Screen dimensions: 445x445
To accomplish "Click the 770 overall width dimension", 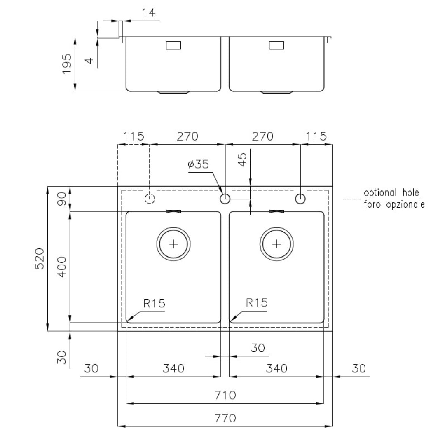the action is [x=225, y=418].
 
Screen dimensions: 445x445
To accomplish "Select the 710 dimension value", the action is [x=225, y=395].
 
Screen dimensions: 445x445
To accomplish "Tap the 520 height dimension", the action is [x=40, y=258].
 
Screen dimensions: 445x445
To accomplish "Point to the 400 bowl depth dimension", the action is [x=62, y=267].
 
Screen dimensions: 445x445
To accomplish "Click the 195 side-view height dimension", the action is [x=67, y=64].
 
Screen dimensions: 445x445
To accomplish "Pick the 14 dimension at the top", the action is [x=149, y=13].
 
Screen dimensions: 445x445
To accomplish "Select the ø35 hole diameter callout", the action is [x=198, y=164].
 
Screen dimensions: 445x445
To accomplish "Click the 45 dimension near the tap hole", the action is [x=242, y=159].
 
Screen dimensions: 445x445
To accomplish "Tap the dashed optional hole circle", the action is [x=150, y=199].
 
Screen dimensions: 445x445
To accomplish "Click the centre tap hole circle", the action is [x=225, y=199].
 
